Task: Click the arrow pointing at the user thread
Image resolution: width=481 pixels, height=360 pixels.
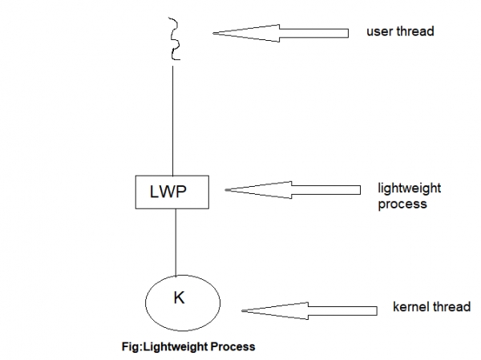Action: click(281, 33)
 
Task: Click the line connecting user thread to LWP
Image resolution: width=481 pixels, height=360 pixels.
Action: click(173, 120)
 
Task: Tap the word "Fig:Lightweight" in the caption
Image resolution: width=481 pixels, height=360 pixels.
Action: click(155, 347)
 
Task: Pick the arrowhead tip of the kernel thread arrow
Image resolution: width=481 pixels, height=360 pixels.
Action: click(244, 309)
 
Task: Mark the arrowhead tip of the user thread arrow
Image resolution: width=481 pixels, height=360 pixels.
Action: click(214, 33)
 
